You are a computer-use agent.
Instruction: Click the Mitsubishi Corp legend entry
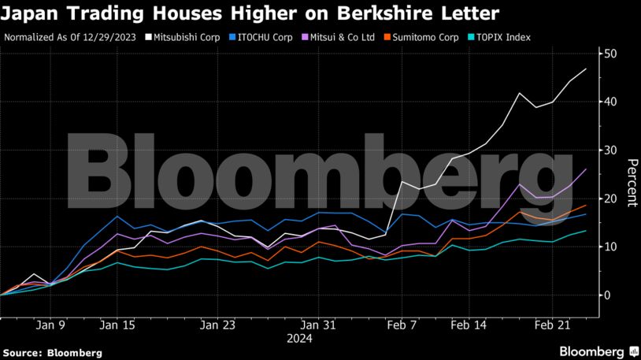(186, 36)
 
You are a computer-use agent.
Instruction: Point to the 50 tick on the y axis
(610, 54)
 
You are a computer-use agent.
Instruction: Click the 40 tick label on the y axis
(610, 102)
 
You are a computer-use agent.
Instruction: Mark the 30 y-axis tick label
(610, 150)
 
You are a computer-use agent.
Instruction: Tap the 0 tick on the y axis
(606, 295)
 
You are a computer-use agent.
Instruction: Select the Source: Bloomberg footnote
(52, 352)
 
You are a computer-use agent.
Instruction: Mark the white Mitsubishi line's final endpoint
(585, 69)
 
